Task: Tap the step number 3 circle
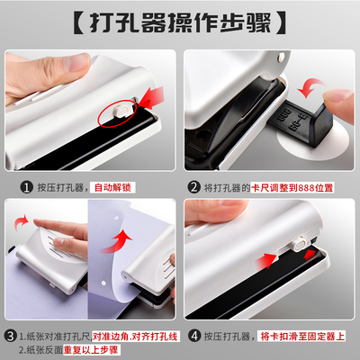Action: [11, 337]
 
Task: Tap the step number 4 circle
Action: [193, 337]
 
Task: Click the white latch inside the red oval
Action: [121, 108]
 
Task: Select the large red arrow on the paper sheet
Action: [119, 240]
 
